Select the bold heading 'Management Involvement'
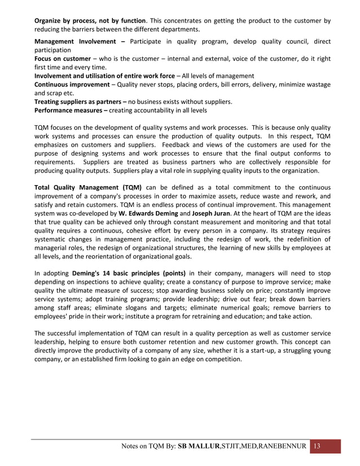coord(77,42)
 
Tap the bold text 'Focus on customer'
coord(63,59)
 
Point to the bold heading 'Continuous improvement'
coord(72,84)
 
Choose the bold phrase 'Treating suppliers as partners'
coord(79,102)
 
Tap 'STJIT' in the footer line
coord(230,447)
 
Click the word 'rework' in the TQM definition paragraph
coord(308,195)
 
